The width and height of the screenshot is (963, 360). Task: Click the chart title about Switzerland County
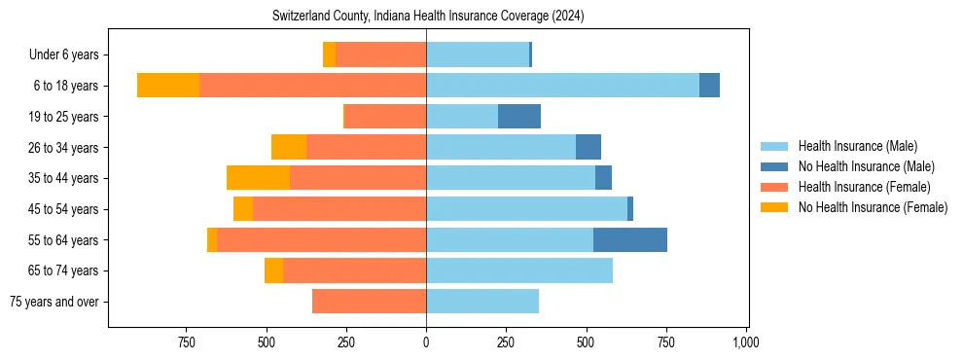pyautogui.click(x=426, y=17)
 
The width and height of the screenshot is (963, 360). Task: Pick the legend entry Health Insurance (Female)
pyautogui.click(x=864, y=187)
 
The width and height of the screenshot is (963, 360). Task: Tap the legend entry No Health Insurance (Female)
pyautogui.click(x=873, y=207)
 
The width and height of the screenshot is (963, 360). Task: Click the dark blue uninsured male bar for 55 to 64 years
pyautogui.click(x=630, y=239)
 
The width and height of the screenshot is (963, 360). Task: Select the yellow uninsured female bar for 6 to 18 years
pyautogui.click(x=168, y=86)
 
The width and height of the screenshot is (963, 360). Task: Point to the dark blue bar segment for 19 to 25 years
pyautogui.click(x=519, y=117)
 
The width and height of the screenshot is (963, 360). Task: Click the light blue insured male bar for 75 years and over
pyautogui.click(x=482, y=302)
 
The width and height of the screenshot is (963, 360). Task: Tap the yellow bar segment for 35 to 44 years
pyautogui.click(x=258, y=178)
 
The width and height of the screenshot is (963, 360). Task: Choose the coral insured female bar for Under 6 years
pyautogui.click(x=380, y=55)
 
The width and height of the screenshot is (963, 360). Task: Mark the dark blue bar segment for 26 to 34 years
pyautogui.click(x=588, y=147)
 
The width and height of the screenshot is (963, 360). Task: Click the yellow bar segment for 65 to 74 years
pyautogui.click(x=273, y=270)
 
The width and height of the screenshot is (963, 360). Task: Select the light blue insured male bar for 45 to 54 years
pyautogui.click(x=526, y=209)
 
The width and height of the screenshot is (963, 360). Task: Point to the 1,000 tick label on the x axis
pyautogui.click(x=746, y=342)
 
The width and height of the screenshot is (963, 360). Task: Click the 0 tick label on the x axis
pyautogui.click(x=426, y=342)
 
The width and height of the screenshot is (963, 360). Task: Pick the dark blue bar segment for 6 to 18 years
pyautogui.click(x=709, y=86)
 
